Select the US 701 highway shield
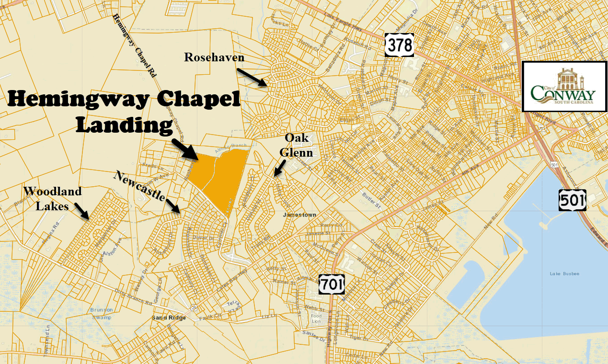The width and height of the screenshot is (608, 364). (332, 284)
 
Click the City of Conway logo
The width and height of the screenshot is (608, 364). (563, 86)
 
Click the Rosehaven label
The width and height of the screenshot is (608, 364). (214, 57)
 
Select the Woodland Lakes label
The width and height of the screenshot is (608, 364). (52, 197)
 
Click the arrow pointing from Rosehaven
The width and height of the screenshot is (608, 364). (252, 77)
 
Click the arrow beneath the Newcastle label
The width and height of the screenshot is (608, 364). (173, 205)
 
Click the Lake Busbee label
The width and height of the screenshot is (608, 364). (564, 273)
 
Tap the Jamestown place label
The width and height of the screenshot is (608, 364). (299, 215)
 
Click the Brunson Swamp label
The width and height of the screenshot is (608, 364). (101, 313)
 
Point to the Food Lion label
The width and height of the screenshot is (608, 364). (316, 318)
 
